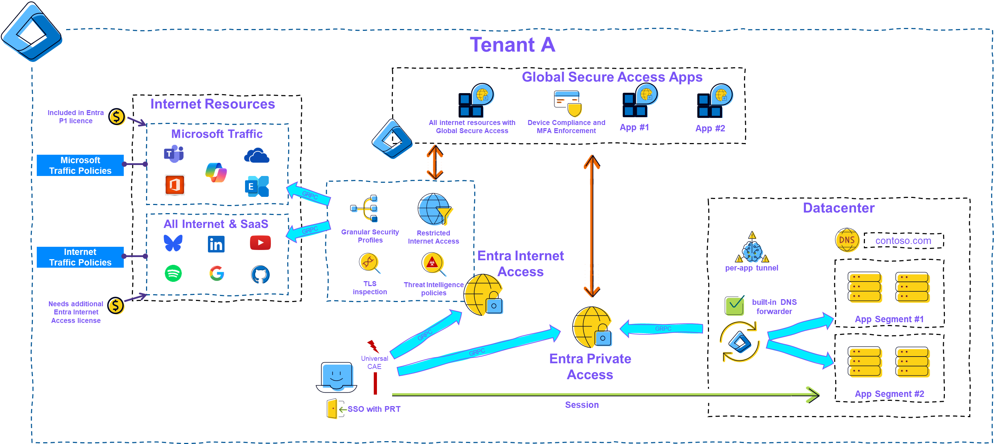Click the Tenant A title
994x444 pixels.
pos(512,45)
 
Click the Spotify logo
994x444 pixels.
pos(173,273)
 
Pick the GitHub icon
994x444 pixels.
pos(261,274)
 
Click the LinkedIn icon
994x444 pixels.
pos(216,244)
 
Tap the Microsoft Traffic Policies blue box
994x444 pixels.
pos(80,165)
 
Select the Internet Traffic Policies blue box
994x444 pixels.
pos(80,257)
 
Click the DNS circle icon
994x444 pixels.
pos(847,240)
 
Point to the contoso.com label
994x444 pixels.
pos(902,241)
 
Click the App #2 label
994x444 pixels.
pos(710,128)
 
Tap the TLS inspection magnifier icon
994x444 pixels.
pos(370,263)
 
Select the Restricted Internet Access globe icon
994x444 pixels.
pos(435,210)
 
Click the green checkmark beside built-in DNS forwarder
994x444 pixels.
pos(735,306)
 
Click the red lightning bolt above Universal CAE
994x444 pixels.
pos(373,346)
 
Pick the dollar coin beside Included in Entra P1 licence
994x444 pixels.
pos(117,117)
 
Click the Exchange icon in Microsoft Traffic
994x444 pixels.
pos(257,186)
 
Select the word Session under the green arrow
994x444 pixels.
pos(581,405)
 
